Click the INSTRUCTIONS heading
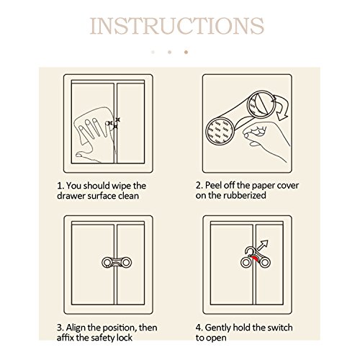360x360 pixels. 177,26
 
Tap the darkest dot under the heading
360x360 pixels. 186,52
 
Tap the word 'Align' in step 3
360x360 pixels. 76,328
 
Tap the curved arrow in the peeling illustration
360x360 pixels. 281,107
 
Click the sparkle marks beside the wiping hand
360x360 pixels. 114,122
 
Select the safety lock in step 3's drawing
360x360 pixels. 117,263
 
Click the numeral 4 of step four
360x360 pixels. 198,328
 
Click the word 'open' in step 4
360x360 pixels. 216,338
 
